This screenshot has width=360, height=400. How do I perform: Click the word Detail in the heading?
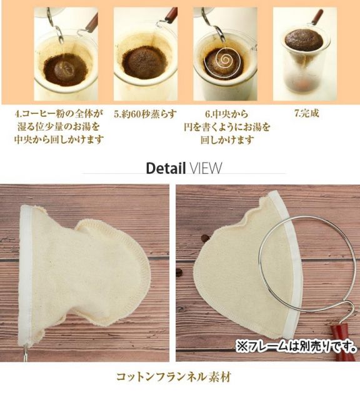tap(166, 168)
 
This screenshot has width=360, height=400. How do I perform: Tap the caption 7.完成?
tap(307, 113)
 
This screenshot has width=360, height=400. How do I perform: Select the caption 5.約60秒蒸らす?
tap(145, 114)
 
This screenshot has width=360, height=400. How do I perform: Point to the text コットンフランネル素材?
tap(174, 377)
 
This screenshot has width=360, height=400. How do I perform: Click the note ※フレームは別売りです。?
tap(296, 346)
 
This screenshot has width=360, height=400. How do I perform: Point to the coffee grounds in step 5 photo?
tap(144, 63)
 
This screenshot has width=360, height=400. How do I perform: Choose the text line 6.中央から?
tap(227, 114)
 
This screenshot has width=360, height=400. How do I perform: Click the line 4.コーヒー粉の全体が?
tap(59, 114)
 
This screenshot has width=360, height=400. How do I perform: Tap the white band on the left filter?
tap(26, 275)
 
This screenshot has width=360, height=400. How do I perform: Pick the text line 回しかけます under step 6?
tap(227, 140)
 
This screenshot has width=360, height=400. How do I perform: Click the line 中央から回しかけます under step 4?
tap(59, 140)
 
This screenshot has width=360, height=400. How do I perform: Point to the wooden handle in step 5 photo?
tap(171, 15)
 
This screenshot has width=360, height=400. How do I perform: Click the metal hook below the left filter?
tap(25, 353)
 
